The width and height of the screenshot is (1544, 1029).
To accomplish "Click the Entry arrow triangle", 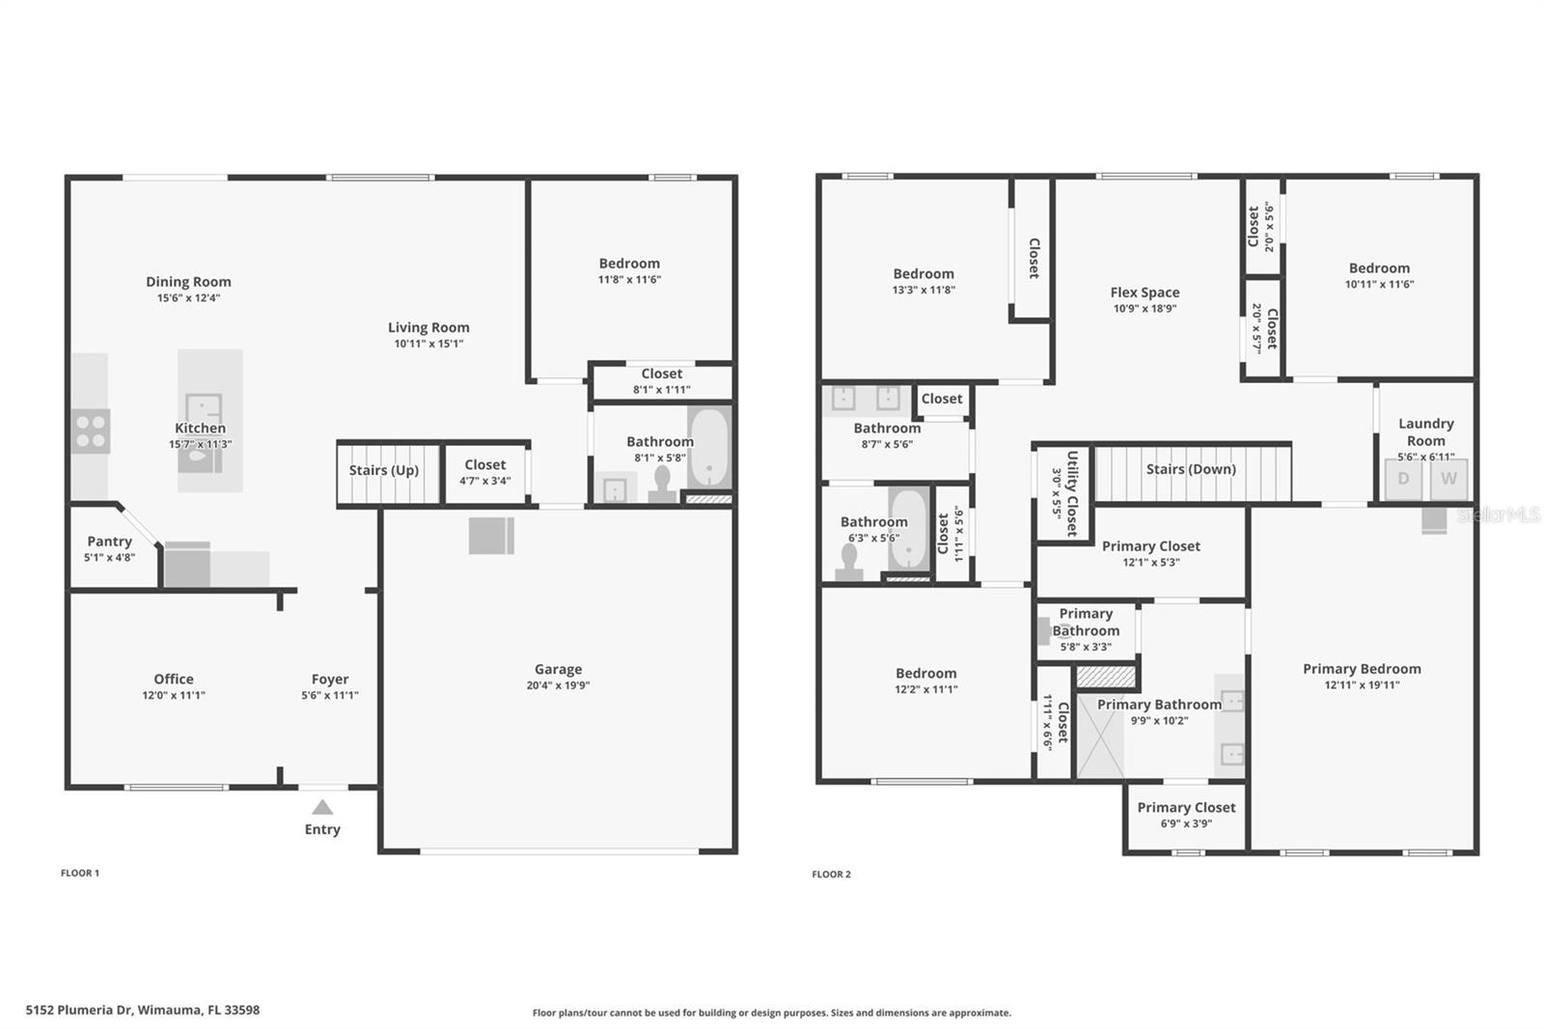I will click(322, 808).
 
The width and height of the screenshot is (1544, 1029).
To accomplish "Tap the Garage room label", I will click(558, 669).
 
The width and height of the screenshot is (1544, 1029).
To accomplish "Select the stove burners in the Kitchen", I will click(91, 431).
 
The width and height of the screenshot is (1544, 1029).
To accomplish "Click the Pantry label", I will click(109, 542).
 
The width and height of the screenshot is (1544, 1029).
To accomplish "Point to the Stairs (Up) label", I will click(384, 470).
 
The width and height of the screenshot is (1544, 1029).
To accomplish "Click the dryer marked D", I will click(1403, 479).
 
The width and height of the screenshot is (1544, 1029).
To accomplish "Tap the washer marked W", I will click(1448, 479).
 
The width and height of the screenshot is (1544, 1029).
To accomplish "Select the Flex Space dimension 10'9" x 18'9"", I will click(1144, 309).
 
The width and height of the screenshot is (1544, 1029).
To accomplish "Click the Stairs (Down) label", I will click(1191, 469).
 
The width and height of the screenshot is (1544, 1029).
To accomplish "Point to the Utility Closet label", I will click(1071, 492).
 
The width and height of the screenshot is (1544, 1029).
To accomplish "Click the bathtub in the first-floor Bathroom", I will click(709, 448).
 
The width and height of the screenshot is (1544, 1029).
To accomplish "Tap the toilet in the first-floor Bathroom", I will click(662, 483).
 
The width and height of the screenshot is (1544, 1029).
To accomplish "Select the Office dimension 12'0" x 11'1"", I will click(174, 695).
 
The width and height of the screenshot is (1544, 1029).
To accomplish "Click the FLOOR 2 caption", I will click(831, 875).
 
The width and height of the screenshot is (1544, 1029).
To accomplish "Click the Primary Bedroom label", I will click(1362, 669).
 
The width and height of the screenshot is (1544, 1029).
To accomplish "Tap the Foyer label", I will click(330, 680).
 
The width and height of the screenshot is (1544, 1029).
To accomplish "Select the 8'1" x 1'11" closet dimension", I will click(662, 390).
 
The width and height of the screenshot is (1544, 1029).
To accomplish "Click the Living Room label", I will click(428, 328).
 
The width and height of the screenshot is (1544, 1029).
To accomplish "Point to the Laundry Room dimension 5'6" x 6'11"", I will click(1425, 457).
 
